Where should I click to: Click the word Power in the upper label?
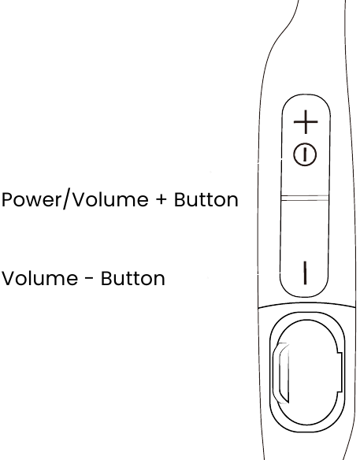coord(31,200)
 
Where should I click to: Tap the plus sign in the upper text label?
coord(161,200)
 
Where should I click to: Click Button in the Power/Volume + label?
coord(206,200)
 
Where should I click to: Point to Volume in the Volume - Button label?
coord(40,278)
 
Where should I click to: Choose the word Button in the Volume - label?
coord(133,278)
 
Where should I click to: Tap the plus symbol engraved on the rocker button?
coord(306,122)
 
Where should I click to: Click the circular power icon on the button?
coord(305,154)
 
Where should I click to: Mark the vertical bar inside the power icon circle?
coord(305,154)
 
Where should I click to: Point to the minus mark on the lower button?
coord(305,273)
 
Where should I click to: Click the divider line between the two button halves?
coord(305,198)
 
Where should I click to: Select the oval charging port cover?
coord(307,372)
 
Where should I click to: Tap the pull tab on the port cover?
coord(281,373)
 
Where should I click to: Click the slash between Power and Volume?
coord(66,199)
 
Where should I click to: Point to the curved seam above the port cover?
coord(306,304)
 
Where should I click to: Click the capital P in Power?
coord(8,200)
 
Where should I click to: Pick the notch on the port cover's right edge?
coord(340,373)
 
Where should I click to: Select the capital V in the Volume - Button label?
coord(9,278)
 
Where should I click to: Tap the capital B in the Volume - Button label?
coord(107,278)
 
